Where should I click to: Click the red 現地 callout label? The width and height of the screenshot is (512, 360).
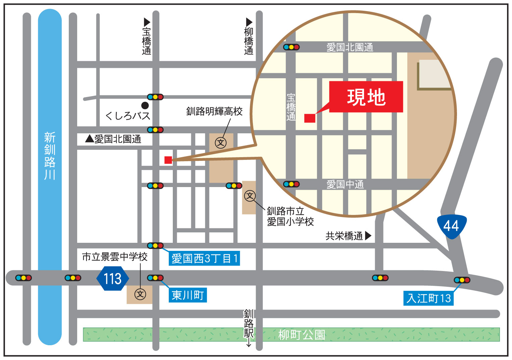(366, 97)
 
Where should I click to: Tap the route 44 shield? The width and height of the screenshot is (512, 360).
(452, 226)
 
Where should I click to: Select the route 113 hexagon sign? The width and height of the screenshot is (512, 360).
(112, 278)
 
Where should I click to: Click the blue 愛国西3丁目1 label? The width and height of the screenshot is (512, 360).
(204, 259)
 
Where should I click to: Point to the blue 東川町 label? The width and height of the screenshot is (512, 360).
(188, 295)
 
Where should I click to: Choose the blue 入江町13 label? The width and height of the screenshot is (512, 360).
(428, 298)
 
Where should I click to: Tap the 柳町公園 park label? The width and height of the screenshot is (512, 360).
(302, 334)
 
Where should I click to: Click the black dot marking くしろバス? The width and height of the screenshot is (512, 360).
(145, 105)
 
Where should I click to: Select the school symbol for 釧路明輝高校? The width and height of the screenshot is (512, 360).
(221, 143)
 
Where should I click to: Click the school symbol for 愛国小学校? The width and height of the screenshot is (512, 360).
(250, 196)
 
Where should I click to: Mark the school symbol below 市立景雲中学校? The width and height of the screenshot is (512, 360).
(140, 294)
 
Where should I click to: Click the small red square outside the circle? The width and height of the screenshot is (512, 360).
(168, 160)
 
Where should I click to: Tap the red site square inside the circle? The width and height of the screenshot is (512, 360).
(310, 118)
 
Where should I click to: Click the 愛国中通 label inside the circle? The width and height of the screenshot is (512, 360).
(345, 184)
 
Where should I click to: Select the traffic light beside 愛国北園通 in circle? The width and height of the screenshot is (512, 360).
(291, 47)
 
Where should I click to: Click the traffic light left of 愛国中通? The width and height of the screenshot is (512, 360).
(291, 184)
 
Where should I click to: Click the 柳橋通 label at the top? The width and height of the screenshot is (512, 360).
(249, 37)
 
